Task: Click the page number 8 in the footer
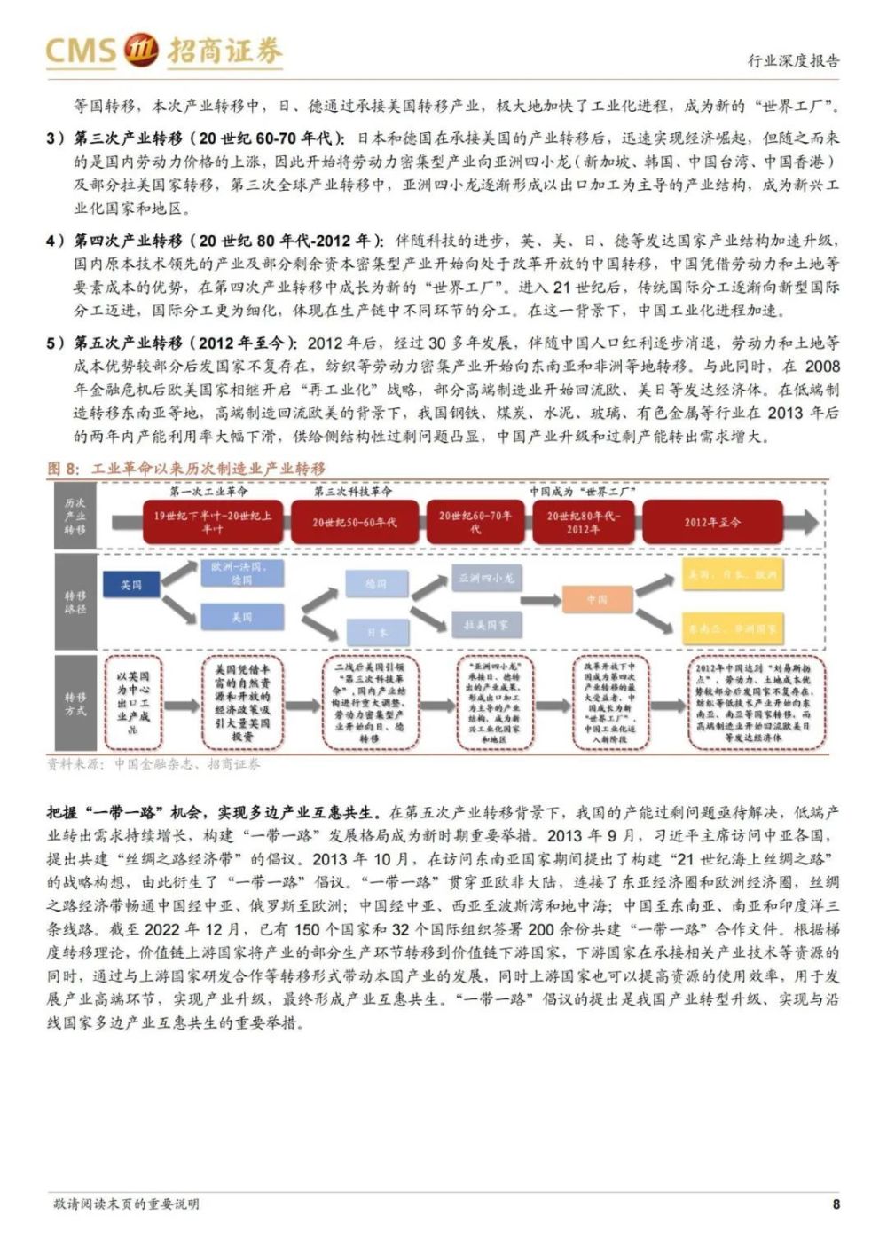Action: [x=836, y=1204]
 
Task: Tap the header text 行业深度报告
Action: [x=793, y=61]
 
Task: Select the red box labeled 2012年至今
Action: [x=711, y=522]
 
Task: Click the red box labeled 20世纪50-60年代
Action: [x=354, y=522]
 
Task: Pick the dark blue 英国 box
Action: [x=131, y=585]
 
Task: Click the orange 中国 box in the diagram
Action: [x=597, y=600]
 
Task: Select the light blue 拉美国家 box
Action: [x=486, y=624]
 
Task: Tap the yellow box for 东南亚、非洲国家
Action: [x=732, y=629]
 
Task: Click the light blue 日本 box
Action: [x=377, y=632]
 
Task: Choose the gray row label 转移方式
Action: [x=75, y=704]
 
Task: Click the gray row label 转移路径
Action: [x=75, y=602]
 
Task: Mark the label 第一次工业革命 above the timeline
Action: [x=210, y=491]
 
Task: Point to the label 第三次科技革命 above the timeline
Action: [x=353, y=491]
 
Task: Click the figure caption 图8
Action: [x=64, y=468]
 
